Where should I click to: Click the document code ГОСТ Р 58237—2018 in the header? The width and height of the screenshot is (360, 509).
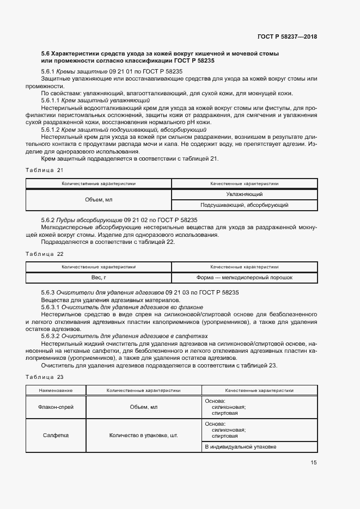tap(286, 37)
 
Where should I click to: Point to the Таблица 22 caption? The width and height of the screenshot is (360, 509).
tap(45, 254)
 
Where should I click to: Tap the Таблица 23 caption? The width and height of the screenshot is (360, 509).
tap(45, 377)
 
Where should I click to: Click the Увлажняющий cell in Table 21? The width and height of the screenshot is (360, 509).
tap(245, 194)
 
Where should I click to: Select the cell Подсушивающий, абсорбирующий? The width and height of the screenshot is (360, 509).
tap(245, 205)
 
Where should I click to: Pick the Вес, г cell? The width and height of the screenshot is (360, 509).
tap(99, 278)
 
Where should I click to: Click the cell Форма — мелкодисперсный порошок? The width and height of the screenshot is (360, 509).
tap(245, 278)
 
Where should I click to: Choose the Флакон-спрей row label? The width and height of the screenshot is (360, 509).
tap(56, 407)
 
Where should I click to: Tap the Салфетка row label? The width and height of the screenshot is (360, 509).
tap(56, 436)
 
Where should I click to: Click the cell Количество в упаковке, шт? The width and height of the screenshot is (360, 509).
tap(144, 436)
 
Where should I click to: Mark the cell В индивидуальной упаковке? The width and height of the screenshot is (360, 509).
tap(240, 446)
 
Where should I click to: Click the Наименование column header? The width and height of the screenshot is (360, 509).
tap(56, 390)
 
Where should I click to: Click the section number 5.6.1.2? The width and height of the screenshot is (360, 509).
tap(52, 130)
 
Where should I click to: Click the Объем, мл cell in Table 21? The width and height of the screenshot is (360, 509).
tap(99, 200)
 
